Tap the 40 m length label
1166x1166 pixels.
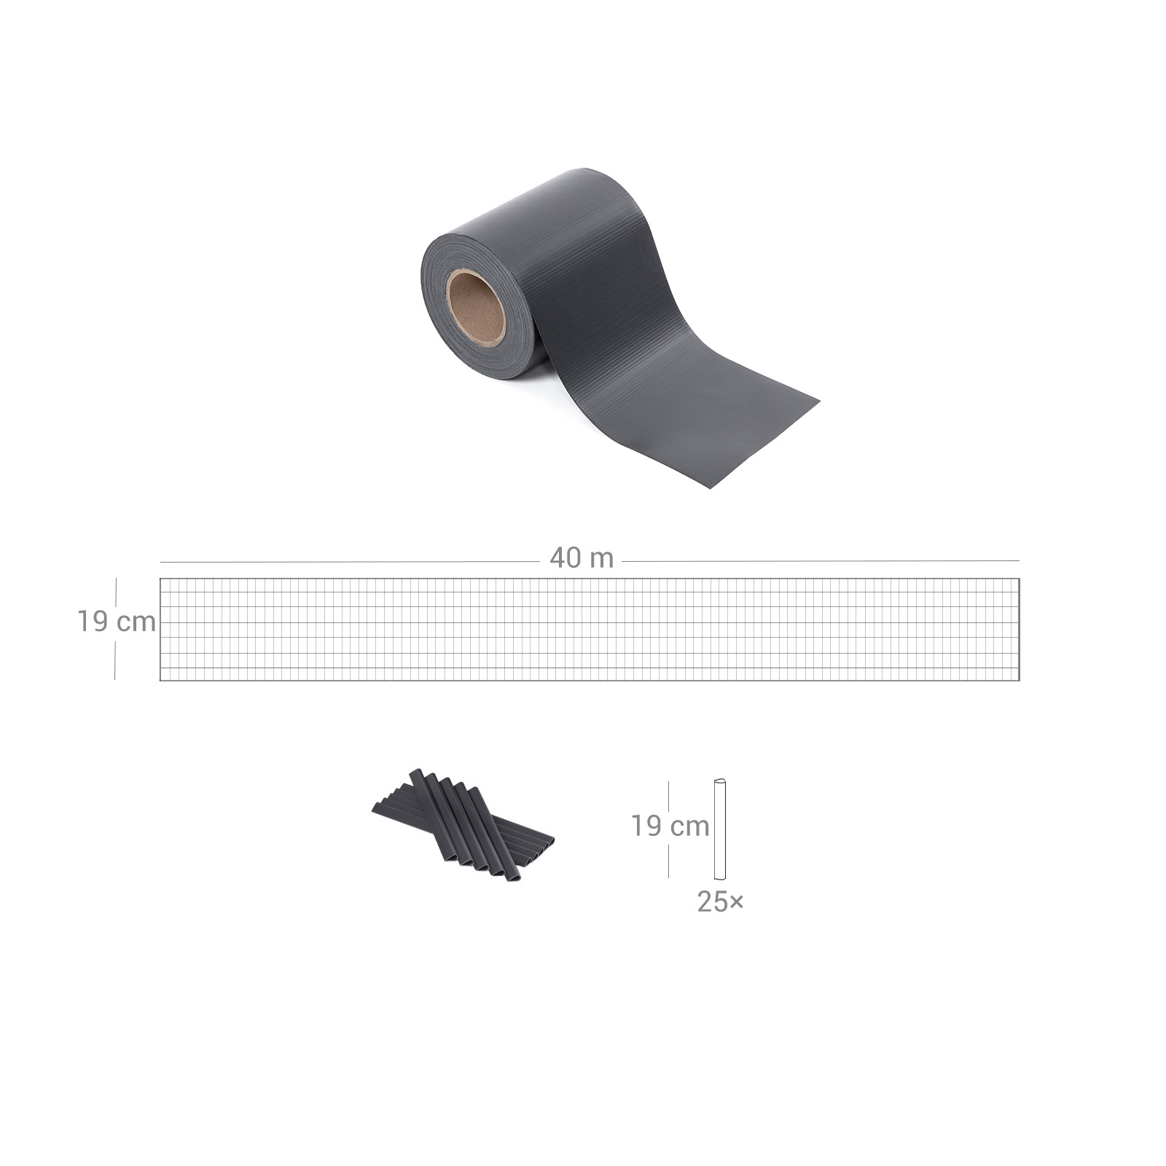point(582,558)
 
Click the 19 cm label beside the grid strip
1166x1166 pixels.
point(117,622)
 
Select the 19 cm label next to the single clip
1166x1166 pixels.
point(670,826)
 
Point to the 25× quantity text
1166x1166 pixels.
point(720,902)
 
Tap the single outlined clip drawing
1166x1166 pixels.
point(721,829)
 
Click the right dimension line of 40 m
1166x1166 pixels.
point(821,561)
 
